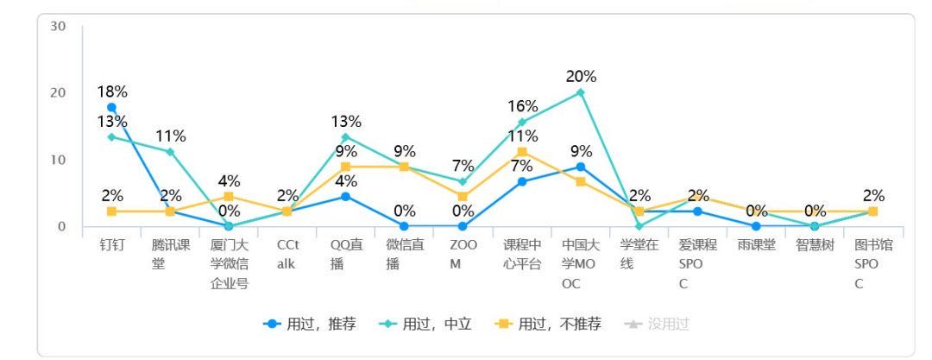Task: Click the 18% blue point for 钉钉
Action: pyautogui.click(x=111, y=107)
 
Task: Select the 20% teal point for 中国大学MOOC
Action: pyautogui.click(x=581, y=92)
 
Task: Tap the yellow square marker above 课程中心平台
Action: pyautogui.click(x=522, y=152)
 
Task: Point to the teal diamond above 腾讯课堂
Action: pyautogui.click(x=170, y=152)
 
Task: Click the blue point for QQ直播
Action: pyautogui.click(x=346, y=197)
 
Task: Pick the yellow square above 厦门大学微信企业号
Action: pyautogui.click(x=229, y=196)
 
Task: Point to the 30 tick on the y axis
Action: pyautogui.click(x=58, y=26)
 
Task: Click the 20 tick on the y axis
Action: pyautogui.click(x=58, y=92)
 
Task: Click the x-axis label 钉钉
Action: pyautogui.click(x=111, y=245)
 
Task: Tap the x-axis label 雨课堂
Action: pyautogui.click(x=757, y=245)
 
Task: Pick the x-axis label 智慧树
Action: pyautogui.click(x=815, y=245)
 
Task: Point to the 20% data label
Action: pyautogui.click(x=581, y=77)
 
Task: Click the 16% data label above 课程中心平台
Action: pyautogui.click(x=522, y=106)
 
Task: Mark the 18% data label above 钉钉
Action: pyautogui.click(x=111, y=91)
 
